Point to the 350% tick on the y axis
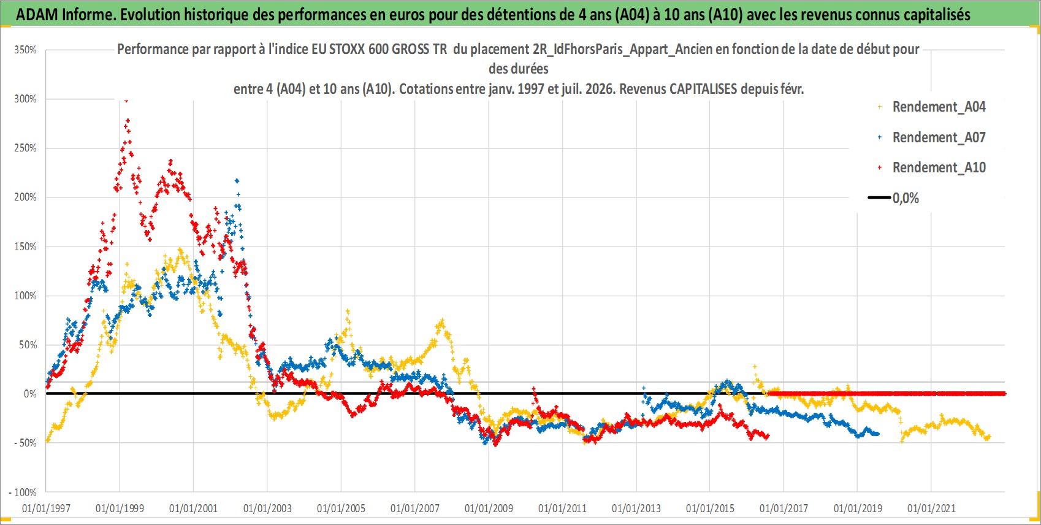(25, 50)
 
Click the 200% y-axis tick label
(25, 197)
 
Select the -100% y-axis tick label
(22, 492)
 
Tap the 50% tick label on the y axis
(28, 345)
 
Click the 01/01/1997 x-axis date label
(46, 508)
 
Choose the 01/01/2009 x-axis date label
(489, 508)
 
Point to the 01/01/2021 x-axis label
(931, 508)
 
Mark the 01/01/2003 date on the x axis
(267, 508)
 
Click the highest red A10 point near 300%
(126, 101)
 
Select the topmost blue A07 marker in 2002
(237, 181)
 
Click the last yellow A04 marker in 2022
(988, 437)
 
